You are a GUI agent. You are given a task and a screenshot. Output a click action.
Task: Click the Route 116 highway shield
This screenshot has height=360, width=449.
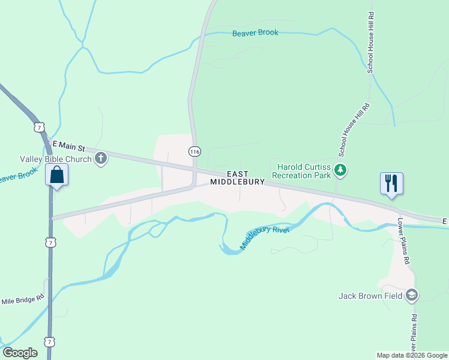click(194, 151)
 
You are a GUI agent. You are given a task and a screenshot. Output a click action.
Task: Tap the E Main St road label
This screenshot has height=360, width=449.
click(70, 145)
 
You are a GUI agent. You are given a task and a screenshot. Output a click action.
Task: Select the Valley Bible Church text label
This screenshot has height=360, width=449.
click(56, 159)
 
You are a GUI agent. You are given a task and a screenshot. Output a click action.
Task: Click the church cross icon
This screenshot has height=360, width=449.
click(101, 159)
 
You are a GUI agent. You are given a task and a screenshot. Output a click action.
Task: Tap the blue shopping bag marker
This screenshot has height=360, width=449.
click(57, 176)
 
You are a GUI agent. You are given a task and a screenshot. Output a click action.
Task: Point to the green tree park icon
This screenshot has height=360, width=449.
click(341, 170)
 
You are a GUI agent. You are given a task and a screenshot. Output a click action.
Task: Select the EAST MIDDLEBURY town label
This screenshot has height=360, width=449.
click(237, 178)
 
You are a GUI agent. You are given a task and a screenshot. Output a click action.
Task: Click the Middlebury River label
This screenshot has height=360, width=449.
click(265, 238)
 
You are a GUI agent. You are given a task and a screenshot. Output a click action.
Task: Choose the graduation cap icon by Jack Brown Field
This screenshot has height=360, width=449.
click(412, 295)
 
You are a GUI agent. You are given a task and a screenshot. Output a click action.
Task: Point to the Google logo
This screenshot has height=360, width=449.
click(20, 353)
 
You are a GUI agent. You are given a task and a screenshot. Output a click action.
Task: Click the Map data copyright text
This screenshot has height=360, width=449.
click(411, 355)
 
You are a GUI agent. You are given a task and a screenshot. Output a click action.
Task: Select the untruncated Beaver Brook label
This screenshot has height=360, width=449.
click(255, 33)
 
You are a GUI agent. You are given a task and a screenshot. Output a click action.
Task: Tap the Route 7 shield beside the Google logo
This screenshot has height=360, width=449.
click(52, 341)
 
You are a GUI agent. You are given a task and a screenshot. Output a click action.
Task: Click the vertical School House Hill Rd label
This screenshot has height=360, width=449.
click(371, 42)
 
